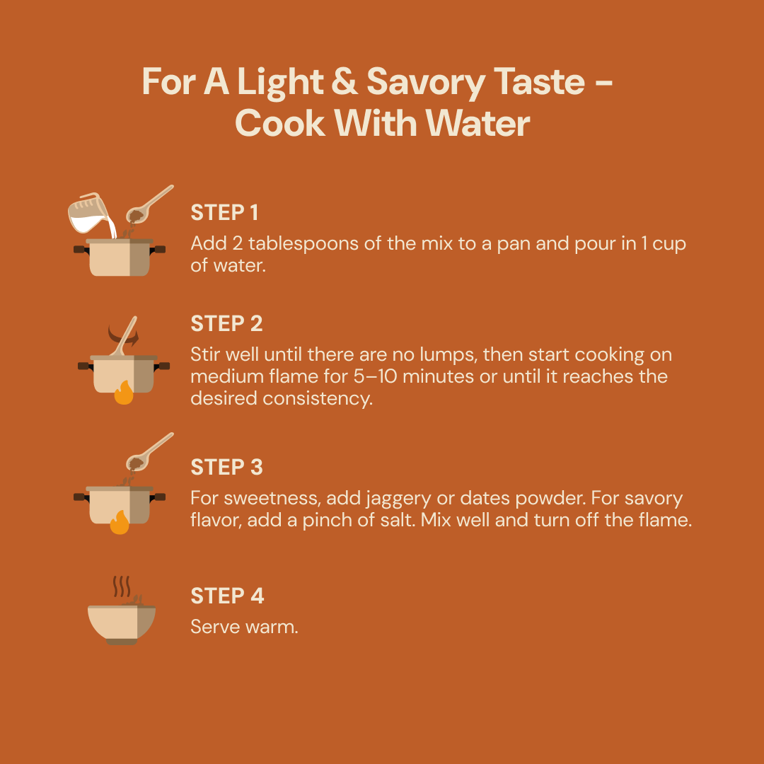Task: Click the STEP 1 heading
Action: coord(224,212)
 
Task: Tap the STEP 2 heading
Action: coord(226,323)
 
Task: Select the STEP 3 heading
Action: coord(226,467)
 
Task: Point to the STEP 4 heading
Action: coord(227,596)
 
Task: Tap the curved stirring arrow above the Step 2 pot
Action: coord(123,336)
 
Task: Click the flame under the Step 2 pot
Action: coord(124,392)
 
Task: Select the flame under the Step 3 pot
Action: coord(120,522)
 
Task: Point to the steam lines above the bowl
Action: coord(122,586)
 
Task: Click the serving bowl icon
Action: coord(122,625)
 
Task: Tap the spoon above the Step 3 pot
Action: coord(149,451)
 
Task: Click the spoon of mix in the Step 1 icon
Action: coord(149,204)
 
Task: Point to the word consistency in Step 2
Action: coord(318,399)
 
